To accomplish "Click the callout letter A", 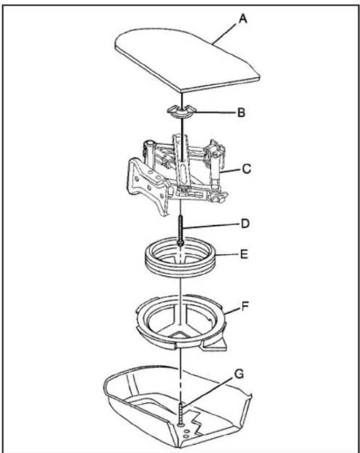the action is tap(243, 19).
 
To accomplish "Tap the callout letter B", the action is tap(241, 113).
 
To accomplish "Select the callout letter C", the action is tap(246, 169).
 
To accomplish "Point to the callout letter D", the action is tap(245, 223).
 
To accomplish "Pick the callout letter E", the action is tap(244, 255).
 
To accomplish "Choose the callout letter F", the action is tap(245, 306).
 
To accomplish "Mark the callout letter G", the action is tap(239, 374).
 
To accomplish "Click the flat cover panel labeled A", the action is tap(187, 60).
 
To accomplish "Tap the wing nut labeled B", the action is tap(182, 111).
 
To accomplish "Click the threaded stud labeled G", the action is tap(181, 415).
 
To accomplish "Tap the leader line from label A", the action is tap(226, 33).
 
